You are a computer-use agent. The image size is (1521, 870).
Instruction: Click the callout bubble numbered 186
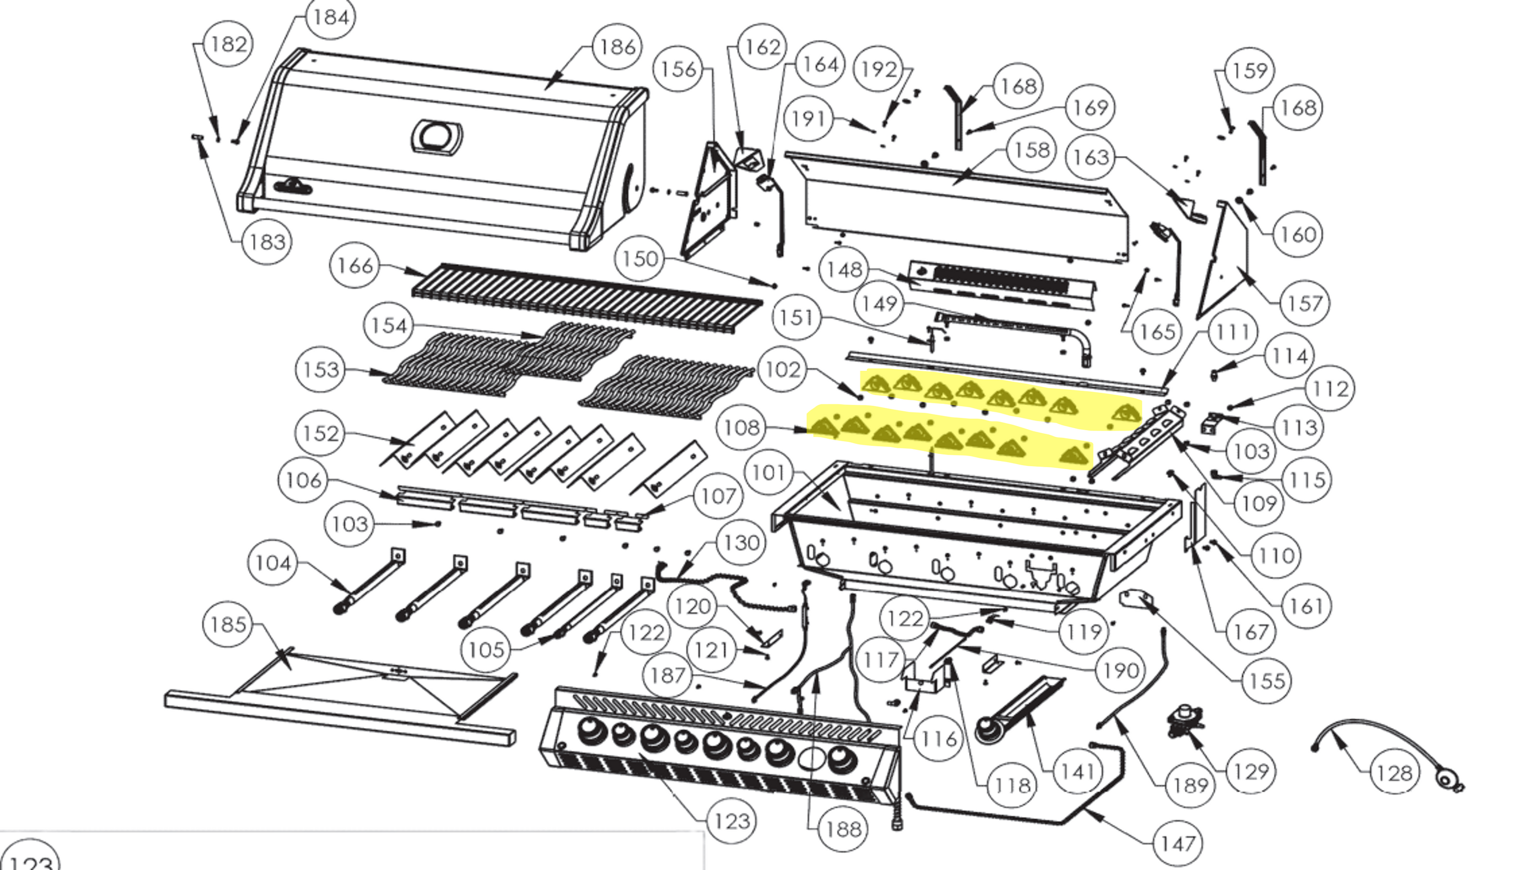[617, 47]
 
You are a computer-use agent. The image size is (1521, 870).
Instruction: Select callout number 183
[267, 242]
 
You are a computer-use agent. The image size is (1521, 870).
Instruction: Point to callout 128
[1394, 773]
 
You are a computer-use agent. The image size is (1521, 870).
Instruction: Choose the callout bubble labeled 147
[1177, 844]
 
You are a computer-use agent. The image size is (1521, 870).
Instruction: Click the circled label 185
[228, 625]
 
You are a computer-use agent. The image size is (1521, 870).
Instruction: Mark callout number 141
[1077, 772]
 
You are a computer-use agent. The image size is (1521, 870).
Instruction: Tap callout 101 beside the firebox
[769, 473]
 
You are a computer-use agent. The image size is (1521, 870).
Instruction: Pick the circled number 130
[741, 543]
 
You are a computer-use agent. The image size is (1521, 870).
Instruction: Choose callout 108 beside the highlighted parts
[742, 428]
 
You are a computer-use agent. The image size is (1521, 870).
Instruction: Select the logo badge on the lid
[293, 187]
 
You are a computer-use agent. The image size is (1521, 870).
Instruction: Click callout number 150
[639, 259]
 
